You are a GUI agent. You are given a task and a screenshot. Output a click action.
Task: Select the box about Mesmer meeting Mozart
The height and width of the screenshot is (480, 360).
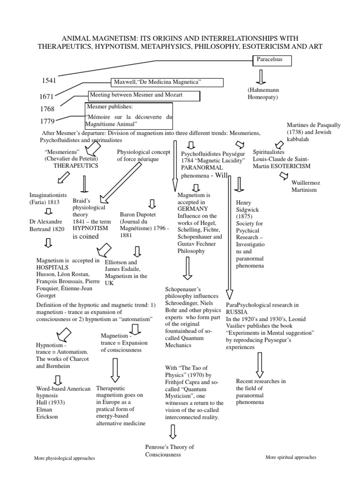click(143, 95)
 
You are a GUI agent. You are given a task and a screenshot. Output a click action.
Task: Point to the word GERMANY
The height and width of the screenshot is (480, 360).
click(192, 209)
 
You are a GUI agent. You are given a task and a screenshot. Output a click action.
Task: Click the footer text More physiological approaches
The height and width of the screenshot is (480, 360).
click(64, 458)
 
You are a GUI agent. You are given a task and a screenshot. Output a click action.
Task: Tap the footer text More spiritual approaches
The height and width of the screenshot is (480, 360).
click(291, 457)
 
